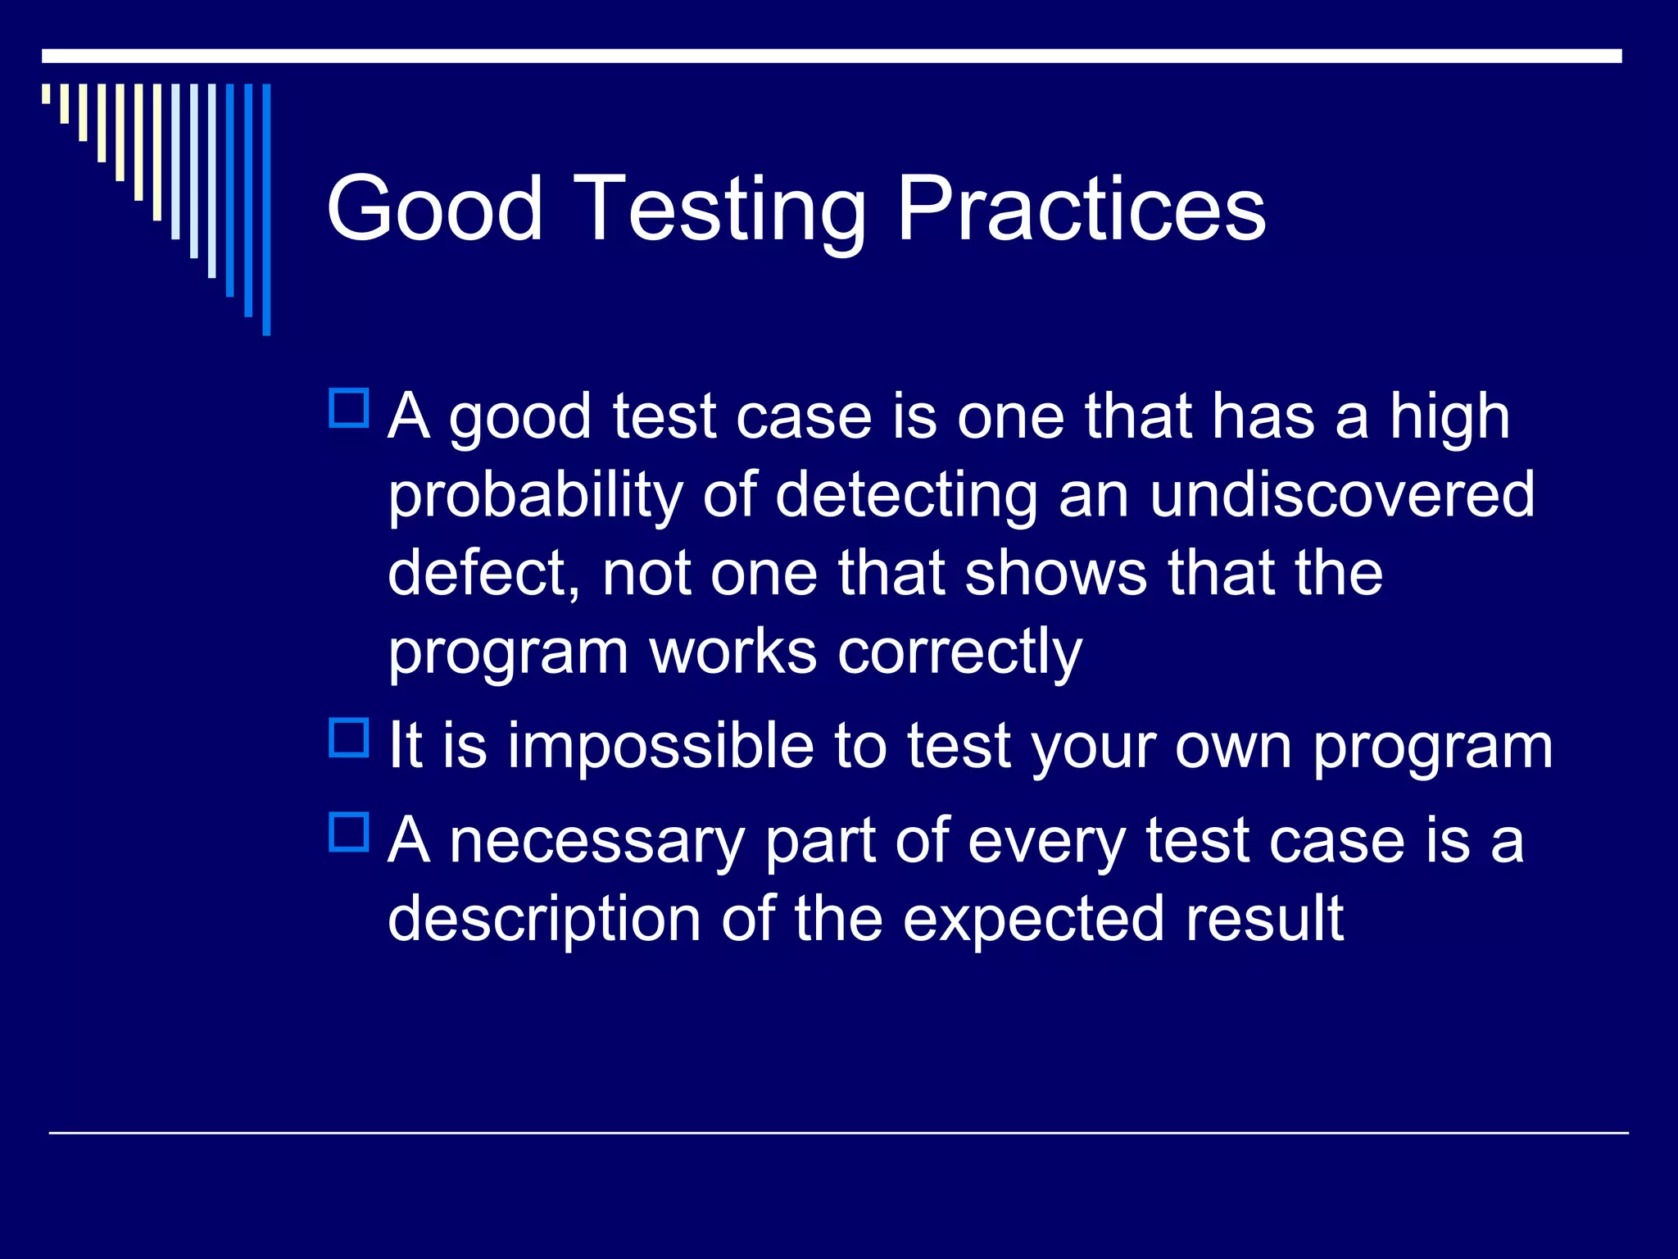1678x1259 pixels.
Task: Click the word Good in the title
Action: click(434, 209)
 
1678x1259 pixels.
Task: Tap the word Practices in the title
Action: click(1081, 209)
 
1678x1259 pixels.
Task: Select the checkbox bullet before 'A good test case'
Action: click(349, 409)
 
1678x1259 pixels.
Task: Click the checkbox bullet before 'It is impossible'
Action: click(349, 739)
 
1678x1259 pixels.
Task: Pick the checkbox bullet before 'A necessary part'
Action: click(349, 833)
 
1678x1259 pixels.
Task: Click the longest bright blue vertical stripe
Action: click(266, 210)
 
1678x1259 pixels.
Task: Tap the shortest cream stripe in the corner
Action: click(46, 93)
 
